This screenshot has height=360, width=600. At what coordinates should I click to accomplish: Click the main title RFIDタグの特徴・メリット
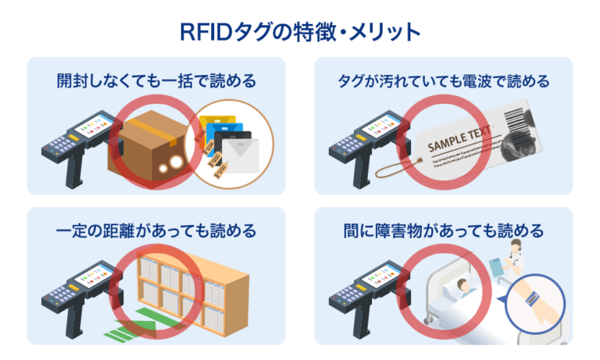(300, 31)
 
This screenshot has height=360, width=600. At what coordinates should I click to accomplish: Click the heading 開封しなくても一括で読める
(156, 81)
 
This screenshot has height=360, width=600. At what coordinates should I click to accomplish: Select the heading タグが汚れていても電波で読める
(444, 81)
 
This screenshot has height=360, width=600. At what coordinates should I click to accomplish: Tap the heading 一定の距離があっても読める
(156, 231)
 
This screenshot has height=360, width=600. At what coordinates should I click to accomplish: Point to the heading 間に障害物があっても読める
(444, 231)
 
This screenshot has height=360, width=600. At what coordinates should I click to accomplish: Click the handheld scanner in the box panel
(78, 144)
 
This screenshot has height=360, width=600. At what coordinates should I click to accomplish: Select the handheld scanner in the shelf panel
(78, 293)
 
